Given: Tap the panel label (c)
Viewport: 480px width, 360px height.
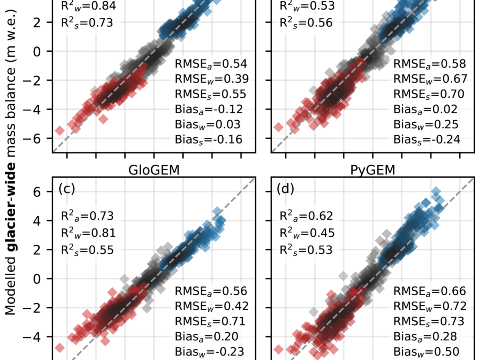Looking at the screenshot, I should pyautogui.click(x=67, y=189).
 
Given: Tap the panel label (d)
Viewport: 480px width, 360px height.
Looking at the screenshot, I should pyautogui.click(x=285, y=189).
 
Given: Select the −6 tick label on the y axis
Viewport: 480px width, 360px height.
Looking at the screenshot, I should pyautogui.click(x=34, y=138).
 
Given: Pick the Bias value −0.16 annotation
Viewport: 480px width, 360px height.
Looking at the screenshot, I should pyautogui.click(x=208, y=139).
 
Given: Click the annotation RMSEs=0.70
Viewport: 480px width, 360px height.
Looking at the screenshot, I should pyautogui.click(x=429, y=94).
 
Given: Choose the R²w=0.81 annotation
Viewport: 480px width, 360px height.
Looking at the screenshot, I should pyautogui.click(x=87, y=233).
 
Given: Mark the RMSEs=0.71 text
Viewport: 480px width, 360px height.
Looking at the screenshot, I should pyautogui.click(x=211, y=321).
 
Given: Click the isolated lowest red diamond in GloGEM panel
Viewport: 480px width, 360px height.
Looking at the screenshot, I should pyautogui.click(x=59, y=348).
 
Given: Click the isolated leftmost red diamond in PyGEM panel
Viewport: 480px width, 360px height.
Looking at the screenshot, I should pyautogui.click(x=278, y=349).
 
